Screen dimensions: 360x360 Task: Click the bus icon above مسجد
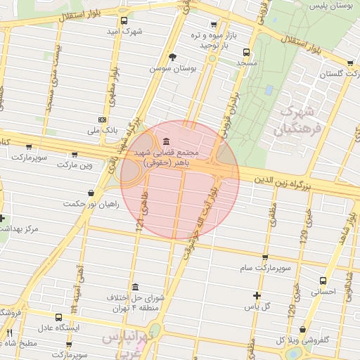[x=246, y=52]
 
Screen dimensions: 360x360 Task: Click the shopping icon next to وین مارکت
[x=75, y=154]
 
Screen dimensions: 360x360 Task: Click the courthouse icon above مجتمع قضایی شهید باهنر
[x=165, y=141]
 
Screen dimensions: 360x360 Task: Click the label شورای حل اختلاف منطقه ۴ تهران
[x=134, y=303]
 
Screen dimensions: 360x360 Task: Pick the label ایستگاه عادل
[x=59, y=328]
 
